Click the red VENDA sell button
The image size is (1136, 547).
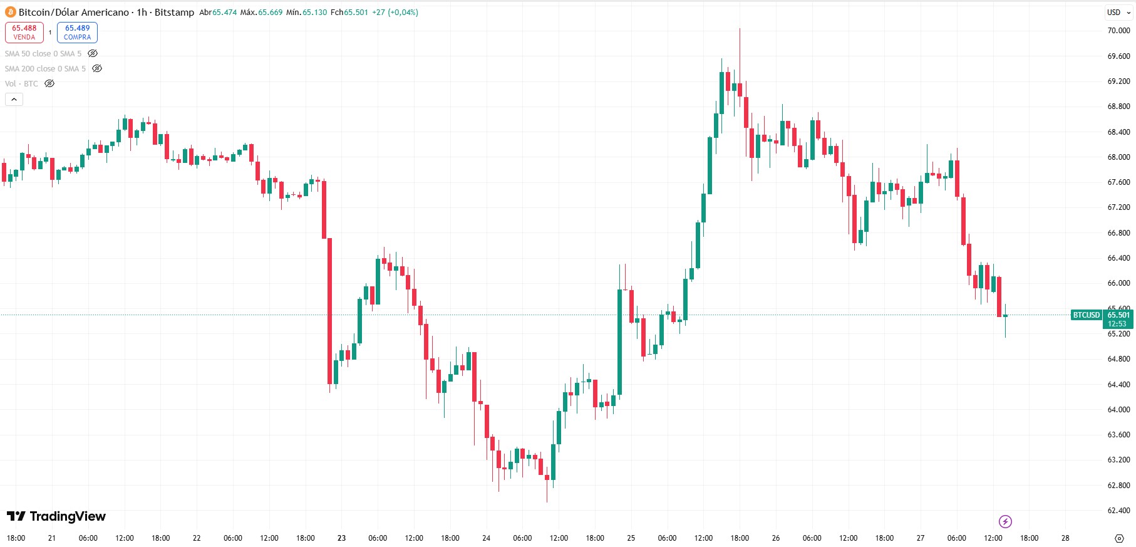(x=24, y=32)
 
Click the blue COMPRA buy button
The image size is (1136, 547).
(x=77, y=32)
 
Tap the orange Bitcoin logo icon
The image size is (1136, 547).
(x=11, y=12)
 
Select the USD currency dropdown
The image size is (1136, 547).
(x=1117, y=12)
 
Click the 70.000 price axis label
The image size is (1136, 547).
(x=1118, y=30)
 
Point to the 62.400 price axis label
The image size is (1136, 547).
(x=1118, y=510)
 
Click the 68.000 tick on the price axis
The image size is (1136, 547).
(x=1118, y=157)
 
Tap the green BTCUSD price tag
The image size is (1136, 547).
(x=1086, y=315)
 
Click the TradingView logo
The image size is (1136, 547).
(x=56, y=516)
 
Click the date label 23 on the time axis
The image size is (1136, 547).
(x=341, y=538)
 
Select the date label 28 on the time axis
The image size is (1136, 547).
(x=1065, y=538)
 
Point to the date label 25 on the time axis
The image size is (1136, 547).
(x=631, y=538)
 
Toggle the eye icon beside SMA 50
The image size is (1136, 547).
(x=93, y=53)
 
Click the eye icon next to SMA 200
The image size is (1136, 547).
(x=97, y=68)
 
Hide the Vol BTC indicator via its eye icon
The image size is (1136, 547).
(x=49, y=83)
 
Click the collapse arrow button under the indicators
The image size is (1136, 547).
(x=14, y=99)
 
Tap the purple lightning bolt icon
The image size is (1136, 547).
(x=1005, y=521)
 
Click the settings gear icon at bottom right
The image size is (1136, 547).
(x=1119, y=538)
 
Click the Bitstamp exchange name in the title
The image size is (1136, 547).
(x=174, y=12)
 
